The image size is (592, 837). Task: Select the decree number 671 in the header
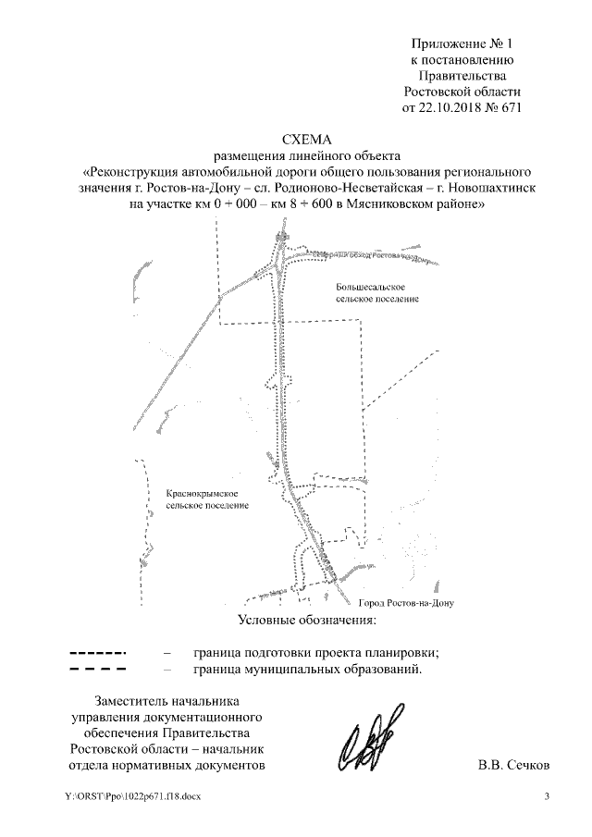pos(512,107)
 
